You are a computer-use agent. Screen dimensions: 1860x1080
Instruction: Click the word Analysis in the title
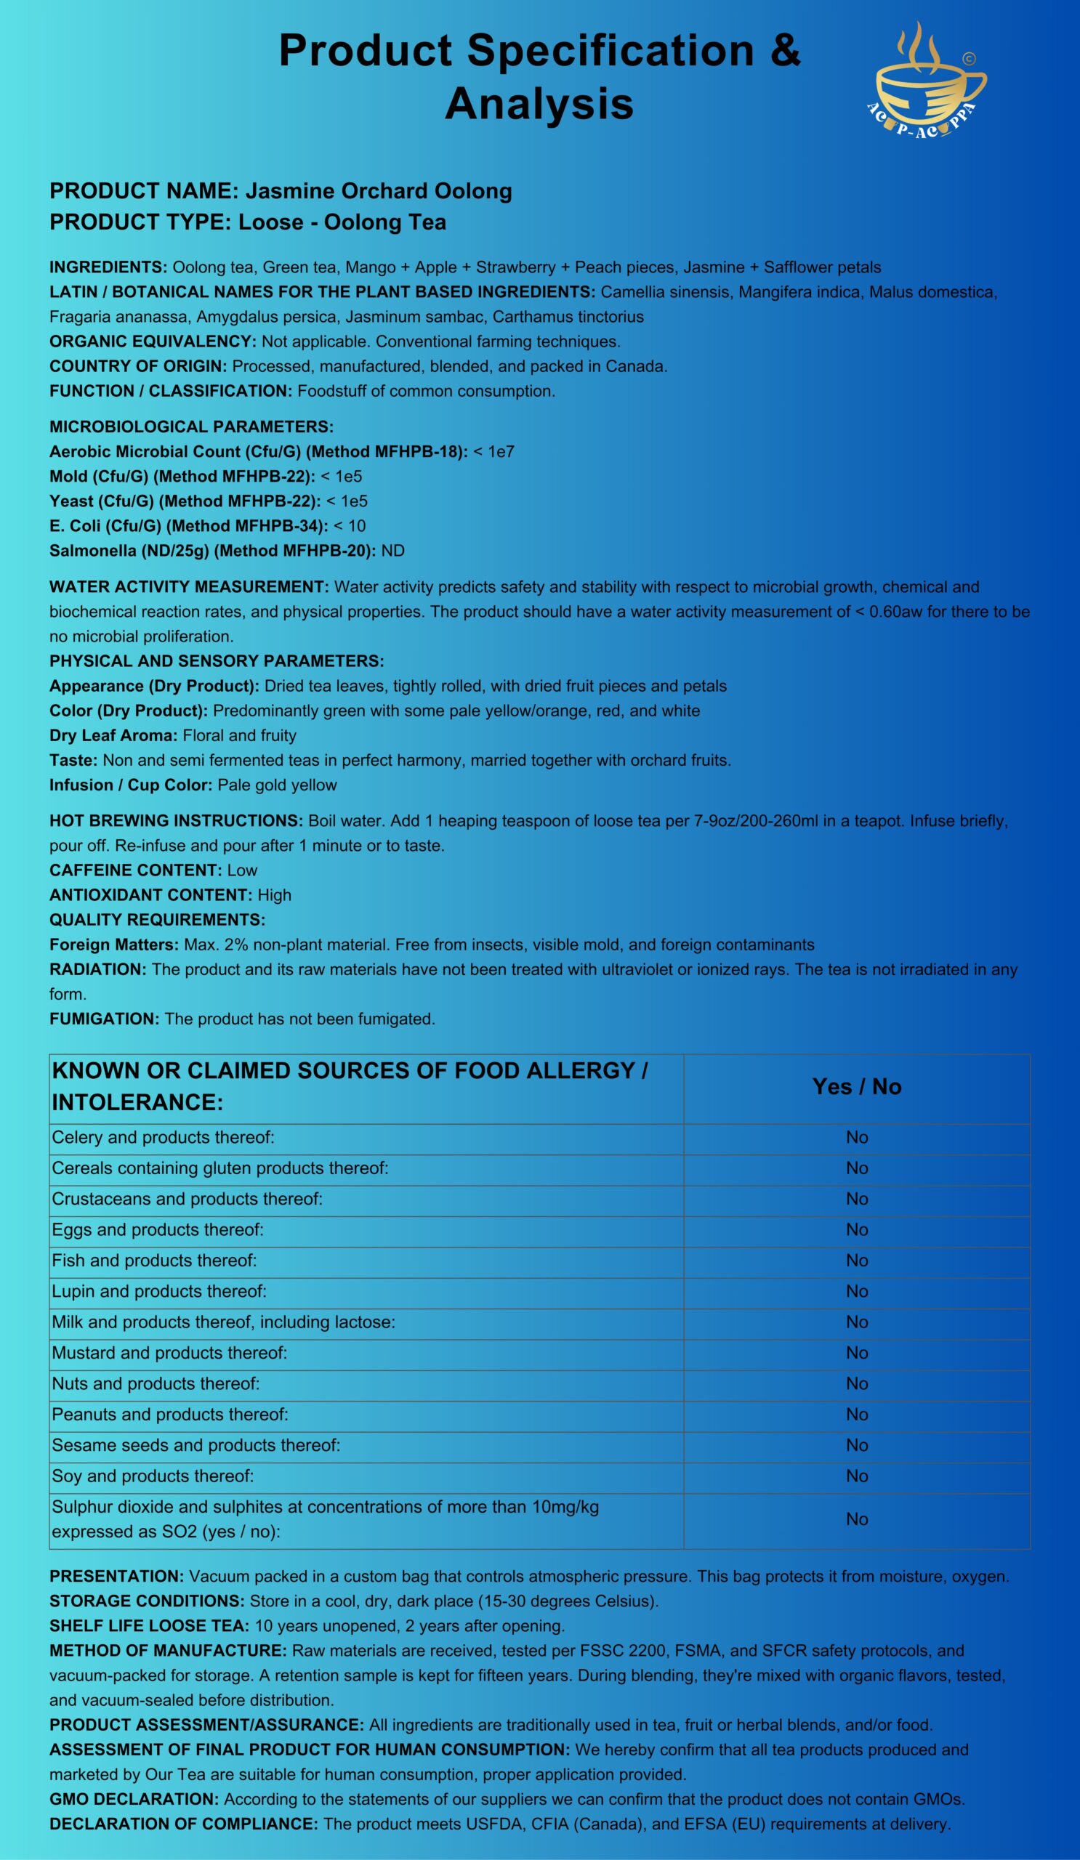pos(539,103)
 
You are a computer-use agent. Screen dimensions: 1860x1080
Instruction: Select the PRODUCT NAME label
pos(143,191)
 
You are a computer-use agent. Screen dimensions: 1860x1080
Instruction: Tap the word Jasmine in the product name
pos(284,191)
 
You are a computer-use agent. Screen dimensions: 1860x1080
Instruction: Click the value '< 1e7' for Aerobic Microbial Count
pos(494,452)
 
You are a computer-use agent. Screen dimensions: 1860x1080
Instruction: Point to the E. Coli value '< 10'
pos(349,525)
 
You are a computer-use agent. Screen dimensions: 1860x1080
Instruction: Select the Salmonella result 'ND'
pos(392,551)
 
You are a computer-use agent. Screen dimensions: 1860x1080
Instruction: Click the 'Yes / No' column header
pos(856,1086)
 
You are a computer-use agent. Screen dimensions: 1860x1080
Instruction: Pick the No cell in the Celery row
pos(856,1137)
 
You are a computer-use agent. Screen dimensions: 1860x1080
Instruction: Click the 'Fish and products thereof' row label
pos(154,1260)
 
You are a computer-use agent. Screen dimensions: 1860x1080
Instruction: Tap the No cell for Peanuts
pos(856,1414)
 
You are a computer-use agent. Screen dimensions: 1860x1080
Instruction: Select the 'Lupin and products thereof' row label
pos(159,1291)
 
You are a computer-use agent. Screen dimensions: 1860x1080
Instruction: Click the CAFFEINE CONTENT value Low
pos(242,870)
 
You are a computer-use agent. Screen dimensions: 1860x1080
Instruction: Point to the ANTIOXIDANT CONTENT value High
pos(275,895)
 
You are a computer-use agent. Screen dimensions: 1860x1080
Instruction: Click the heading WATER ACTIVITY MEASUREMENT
pos(189,587)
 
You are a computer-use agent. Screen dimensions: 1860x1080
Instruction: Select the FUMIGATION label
pos(104,1019)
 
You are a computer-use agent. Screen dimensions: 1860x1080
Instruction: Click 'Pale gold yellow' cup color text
pos(277,785)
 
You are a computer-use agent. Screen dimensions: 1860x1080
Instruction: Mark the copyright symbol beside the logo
pos(969,58)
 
